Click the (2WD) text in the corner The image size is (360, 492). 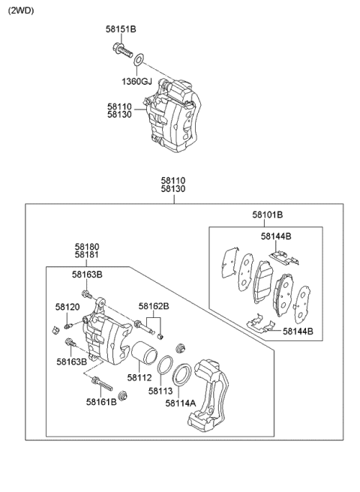[21, 11]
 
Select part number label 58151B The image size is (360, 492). [120, 30]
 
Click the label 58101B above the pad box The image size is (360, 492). [267, 214]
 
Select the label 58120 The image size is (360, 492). [67, 307]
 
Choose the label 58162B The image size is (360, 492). [154, 307]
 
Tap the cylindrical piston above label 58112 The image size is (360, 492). [143, 353]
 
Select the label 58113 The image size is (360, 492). [160, 391]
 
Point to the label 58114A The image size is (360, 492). [181, 403]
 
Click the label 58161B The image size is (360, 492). [100, 403]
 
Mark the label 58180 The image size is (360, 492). [86, 246]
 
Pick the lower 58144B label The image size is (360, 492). [298, 331]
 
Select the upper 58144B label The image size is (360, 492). [277, 237]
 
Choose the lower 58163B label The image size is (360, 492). [71, 361]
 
